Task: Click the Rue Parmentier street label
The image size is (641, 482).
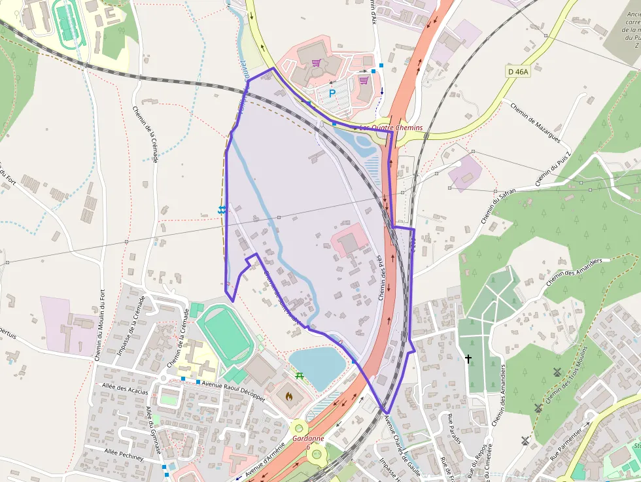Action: click(x=568, y=444)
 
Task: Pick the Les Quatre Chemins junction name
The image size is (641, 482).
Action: click(x=391, y=128)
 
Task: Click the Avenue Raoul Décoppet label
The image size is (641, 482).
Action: click(x=234, y=389)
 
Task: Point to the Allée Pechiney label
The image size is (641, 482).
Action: click(x=124, y=454)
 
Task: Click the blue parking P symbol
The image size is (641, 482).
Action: click(x=332, y=94)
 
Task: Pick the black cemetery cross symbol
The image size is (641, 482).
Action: click(x=468, y=358)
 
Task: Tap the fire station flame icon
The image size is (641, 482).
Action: click(x=290, y=396)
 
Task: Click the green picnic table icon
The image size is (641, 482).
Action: click(x=300, y=375)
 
